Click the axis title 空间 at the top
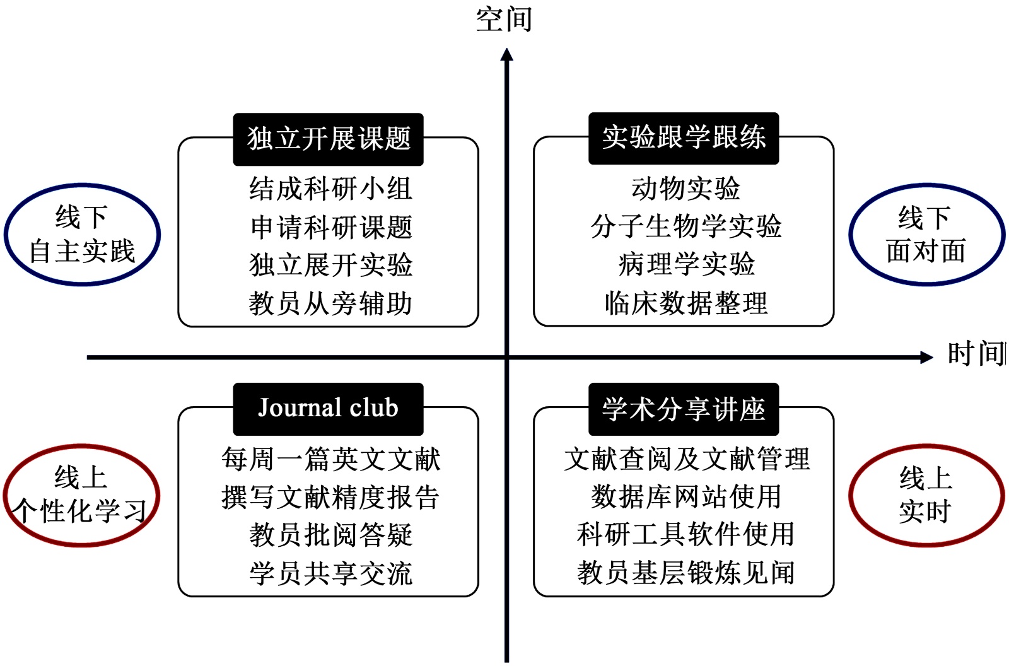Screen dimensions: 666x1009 pyautogui.click(x=504, y=18)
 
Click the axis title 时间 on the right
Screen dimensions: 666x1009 pyautogui.click(x=976, y=354)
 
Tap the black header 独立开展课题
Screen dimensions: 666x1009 pyautogui.click(x=328, y=139)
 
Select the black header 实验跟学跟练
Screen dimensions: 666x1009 pyautogui.click(x=684, y=138)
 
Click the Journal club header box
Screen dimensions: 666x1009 pyautogui.click(x=328, y=409)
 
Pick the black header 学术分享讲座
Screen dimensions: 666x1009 pyautogui.click(x=684, y=409)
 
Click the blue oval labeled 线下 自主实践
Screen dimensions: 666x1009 pyautogui.click(x=82, y=235)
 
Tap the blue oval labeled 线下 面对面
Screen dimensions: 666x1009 pyautogui.click(x=926, y=235)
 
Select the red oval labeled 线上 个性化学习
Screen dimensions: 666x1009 pyautogui.click(x=81, y=494)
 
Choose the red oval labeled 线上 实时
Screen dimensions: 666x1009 pyautogui.click(x=926, y=494)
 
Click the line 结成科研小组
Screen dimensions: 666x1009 pyautogui.click(x=330, y=189)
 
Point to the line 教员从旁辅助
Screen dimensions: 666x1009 pyautogui.click(x=330, y=304)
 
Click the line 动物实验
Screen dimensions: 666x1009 pyautogui.click(x=685, y=189)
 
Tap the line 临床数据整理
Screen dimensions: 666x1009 pyautogui.click(x=685, y=304)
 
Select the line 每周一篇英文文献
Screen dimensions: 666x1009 pyautogui.click(x=330, y=459)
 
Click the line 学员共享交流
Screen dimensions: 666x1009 pyautogui.click(x=330, y=574)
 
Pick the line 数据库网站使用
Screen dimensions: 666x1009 pyautogui.click(x=685, y=497)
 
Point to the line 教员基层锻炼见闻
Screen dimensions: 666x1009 pyautogui.click(x=685, y=573)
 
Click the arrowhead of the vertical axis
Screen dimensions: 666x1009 pyautogui.click(x=506, y=56)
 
